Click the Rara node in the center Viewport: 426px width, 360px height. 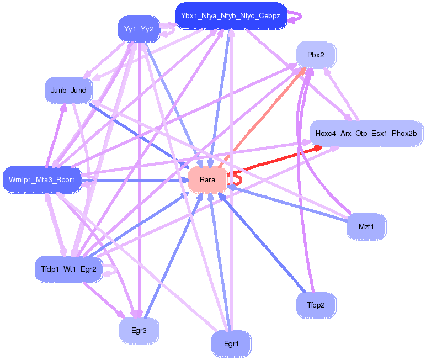click(x=207, y=179)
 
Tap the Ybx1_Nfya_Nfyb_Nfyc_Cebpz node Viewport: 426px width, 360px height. click(x=231, y=15)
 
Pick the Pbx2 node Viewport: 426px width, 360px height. click(x=315, y=55)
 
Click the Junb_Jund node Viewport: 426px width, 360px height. click(x=68, y=89)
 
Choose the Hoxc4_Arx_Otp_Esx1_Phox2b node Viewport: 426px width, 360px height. click(x=366, y=133)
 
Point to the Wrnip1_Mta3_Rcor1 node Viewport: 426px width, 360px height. click(x=42, y=179)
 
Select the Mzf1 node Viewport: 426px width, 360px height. click(x=365, y=226)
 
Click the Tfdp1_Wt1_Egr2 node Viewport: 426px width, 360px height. click(x=68, y=269)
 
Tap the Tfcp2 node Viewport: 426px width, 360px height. click(x=315, y=304)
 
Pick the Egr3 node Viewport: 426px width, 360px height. click(x=139, y=331)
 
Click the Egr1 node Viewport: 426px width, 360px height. click(x=231, y=344)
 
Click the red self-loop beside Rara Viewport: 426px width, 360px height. click(x=236, y=178)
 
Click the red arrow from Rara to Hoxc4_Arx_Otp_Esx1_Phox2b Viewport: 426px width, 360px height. click(x=276, y=160)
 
